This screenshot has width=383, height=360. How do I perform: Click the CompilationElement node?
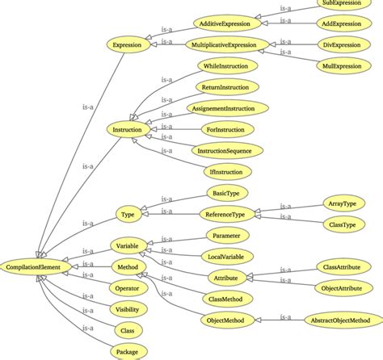(35, 266)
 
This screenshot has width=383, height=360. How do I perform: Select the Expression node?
(128, 45)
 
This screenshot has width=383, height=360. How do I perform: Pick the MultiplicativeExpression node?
(229, 45)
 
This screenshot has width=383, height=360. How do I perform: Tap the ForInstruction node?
(228, 129)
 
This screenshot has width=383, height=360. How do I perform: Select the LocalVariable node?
(228, 256)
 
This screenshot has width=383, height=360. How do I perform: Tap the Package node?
(128, 350)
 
